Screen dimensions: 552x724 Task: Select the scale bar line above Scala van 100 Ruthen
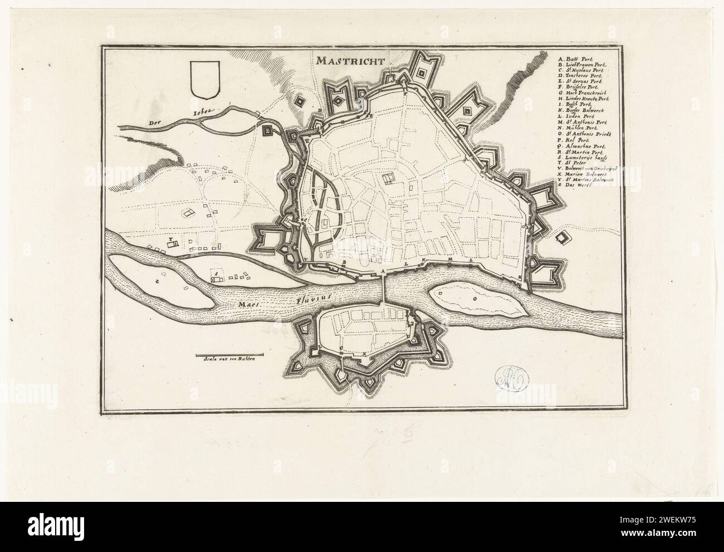click(230, 354)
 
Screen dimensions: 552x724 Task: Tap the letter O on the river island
click(474, 298)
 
